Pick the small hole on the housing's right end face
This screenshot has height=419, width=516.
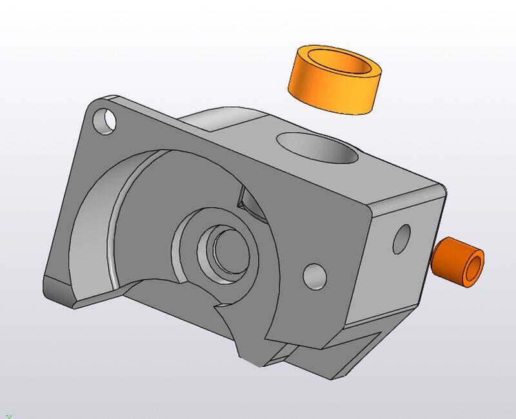pyautogui.click(x=402, y=239)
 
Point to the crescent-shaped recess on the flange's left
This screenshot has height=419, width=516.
pyautogui.click(x=97, y=232)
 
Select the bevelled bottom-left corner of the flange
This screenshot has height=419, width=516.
pyautogui.click(x=61, y=293)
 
